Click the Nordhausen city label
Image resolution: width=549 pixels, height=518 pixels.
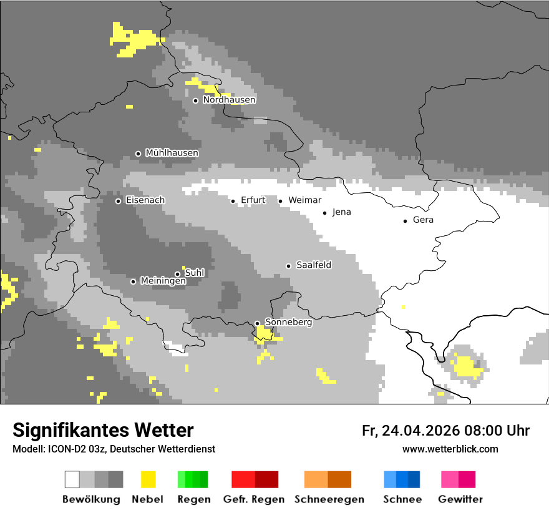[229, 100]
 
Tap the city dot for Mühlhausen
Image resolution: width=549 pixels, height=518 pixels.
[138, 154]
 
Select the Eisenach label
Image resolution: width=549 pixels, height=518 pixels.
[145, 200]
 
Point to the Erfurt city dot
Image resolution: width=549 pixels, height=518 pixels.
[233, 201]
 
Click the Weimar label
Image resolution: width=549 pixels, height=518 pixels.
[304, 200]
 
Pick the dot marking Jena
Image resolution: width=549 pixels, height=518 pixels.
[324, 213]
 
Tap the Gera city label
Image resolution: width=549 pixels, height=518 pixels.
[423, 220]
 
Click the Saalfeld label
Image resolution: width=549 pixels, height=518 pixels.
[313, 265]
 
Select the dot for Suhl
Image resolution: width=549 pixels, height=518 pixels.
[177, 274]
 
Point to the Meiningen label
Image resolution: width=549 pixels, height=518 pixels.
[163, 281]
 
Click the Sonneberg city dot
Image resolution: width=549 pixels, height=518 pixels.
[257, 323]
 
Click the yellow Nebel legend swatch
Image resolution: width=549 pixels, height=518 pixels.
[148, 479]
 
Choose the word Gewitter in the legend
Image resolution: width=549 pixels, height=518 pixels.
[460, 499]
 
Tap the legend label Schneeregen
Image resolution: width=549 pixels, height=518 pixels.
[329, 499]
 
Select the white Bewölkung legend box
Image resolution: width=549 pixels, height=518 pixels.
[72, 479]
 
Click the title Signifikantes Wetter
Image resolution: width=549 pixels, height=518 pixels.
[103, 431]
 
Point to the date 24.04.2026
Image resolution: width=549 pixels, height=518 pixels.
[420, 431]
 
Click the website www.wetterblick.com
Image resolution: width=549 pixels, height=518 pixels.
[450, 449]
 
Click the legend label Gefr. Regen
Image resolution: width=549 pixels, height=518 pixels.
[254, 499]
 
